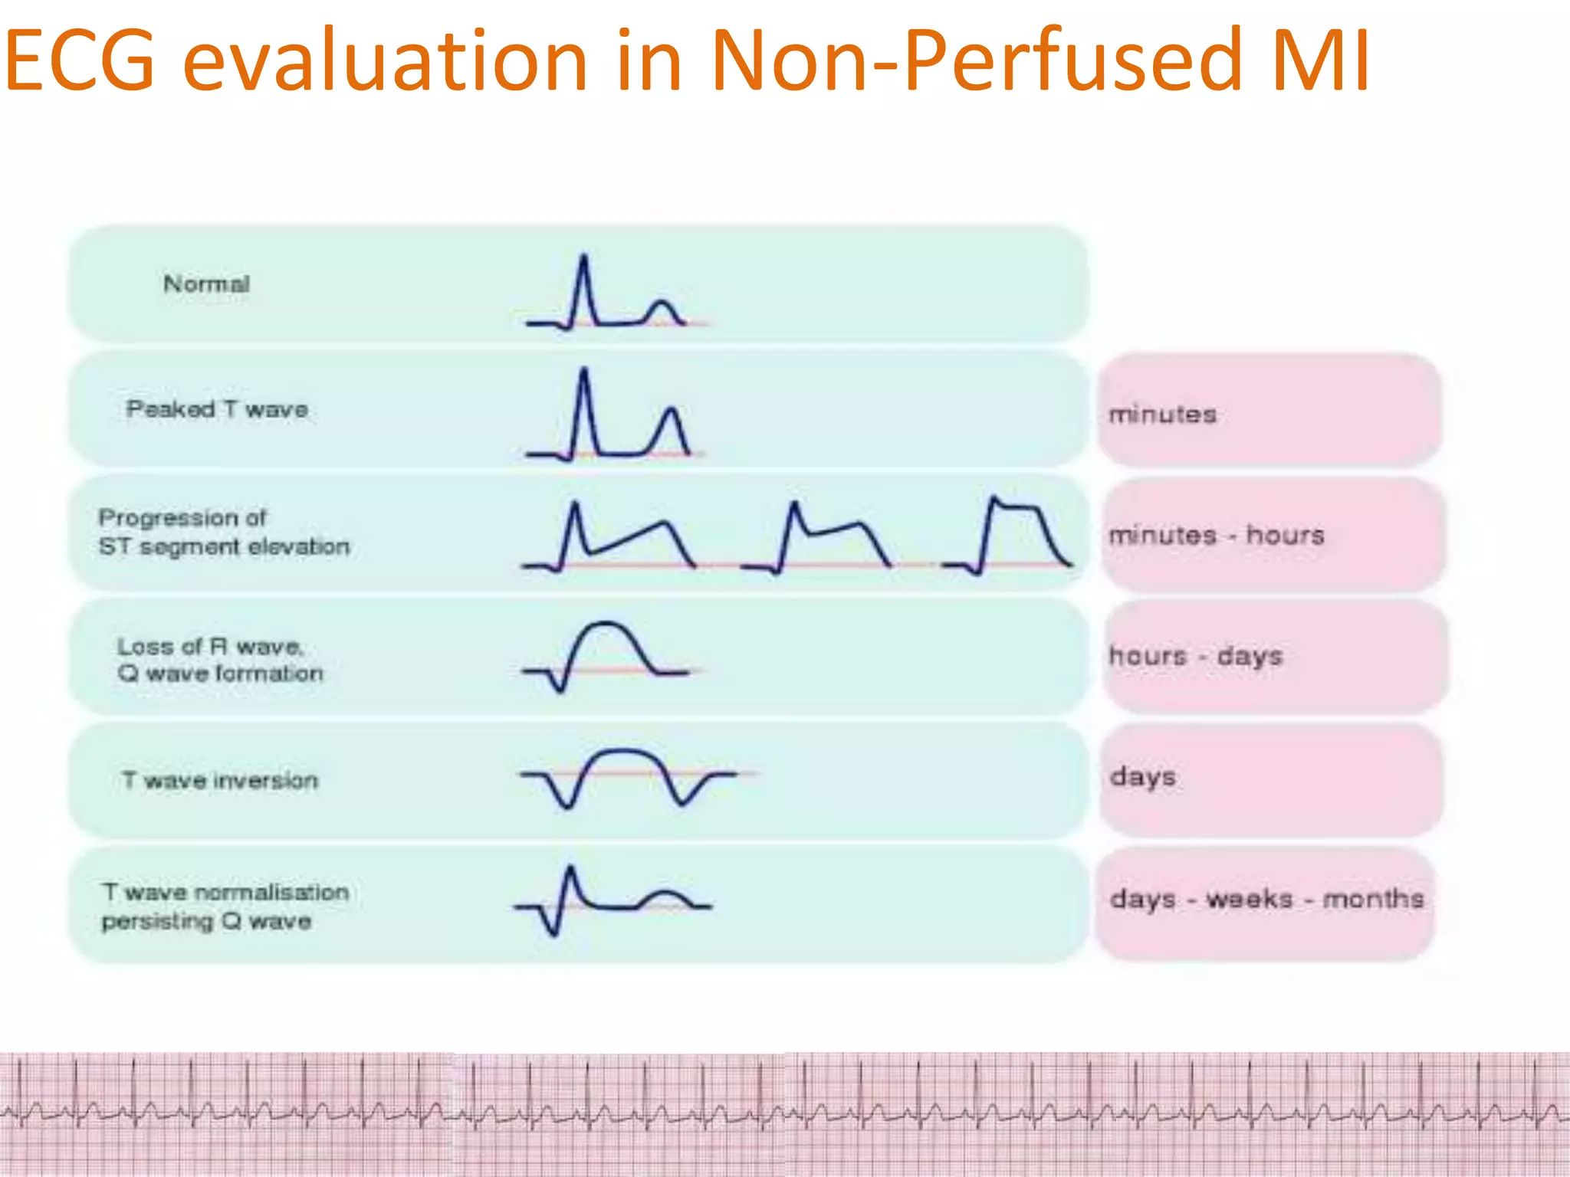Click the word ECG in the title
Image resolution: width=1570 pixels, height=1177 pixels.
tap(80, 60)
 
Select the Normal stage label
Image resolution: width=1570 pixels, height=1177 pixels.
tap(206, 284)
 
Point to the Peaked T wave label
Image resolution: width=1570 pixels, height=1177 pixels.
tap(217, 409)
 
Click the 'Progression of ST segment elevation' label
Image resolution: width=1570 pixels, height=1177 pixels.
tap(224, 532)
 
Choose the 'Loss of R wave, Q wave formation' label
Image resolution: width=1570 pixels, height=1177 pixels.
tap(220, 660)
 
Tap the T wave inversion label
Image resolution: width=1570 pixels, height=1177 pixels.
tap(220, 780)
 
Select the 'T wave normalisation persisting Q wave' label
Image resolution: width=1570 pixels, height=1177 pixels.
tap(225, 906)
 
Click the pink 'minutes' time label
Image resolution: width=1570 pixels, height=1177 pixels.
tap(1162, 415)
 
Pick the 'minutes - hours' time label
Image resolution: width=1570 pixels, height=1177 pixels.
tap(1216, 535)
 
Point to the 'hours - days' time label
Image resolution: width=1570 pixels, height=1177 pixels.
tap(1195, 656)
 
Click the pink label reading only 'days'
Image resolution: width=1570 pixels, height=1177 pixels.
tap(1142, 777)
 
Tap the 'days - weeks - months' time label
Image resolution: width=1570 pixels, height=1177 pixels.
tap(1266, 898)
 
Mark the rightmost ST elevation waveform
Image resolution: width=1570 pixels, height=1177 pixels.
tap(1008, 536)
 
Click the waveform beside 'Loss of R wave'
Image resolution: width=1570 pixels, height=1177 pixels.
tap(606, 655)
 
